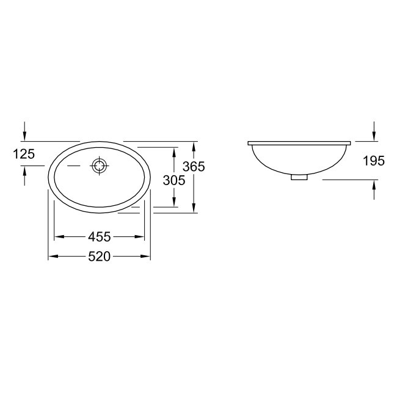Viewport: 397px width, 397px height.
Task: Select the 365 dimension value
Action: coord(209,166)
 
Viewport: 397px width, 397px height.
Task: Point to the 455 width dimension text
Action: coord(99,236)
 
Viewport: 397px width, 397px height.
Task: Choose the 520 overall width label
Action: coord(99,257)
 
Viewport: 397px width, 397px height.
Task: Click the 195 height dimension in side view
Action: coord(373,161)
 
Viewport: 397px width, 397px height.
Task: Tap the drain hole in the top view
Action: coord(99,166)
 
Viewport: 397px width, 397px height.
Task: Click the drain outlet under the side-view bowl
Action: coord(299,178)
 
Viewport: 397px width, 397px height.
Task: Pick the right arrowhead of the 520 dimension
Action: coord(147,257)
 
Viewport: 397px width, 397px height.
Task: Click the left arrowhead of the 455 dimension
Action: coord(59,236)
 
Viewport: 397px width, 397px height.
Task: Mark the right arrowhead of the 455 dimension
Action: coord(140,236)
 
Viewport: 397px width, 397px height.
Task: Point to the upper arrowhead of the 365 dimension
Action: coord(194,145)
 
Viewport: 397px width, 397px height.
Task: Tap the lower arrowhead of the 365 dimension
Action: coord(194,209)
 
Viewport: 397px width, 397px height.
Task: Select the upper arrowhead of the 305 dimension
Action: coord(175,150)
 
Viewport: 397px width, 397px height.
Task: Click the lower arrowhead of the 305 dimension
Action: coord(175,203)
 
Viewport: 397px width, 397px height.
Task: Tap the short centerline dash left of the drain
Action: coord(73,166)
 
